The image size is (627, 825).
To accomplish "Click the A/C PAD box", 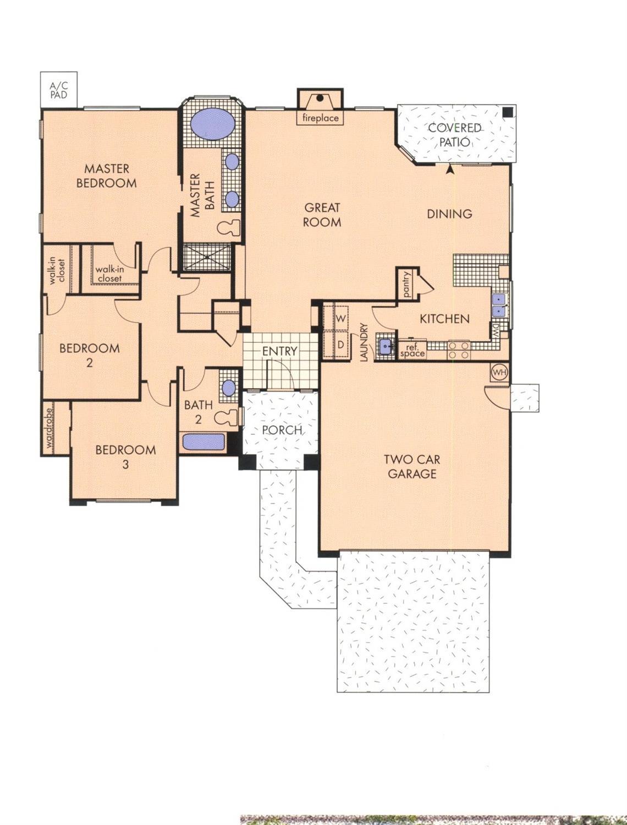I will coord(58,89).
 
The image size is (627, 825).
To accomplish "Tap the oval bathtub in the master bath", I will coord(212,124).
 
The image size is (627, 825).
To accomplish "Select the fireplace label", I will coord(320,118).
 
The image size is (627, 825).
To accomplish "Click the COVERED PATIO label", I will coord(455,135).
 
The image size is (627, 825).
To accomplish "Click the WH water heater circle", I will coord(499,373).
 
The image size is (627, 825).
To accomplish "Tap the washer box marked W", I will coord(340,319).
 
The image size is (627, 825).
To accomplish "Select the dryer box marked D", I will coord(340,345).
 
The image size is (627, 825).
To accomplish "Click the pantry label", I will coord(407,285).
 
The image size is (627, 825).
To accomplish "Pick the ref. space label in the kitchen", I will coord(412,350).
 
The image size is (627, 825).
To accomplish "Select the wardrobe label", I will coord(48,428).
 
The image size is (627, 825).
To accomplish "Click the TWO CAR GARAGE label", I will coord(411,466).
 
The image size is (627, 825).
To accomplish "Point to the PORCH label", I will coord(282,430).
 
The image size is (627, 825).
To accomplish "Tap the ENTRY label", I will coord(279,351).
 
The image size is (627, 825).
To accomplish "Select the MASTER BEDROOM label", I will coord(106,176).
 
